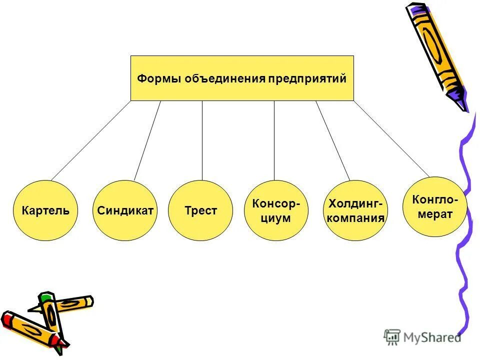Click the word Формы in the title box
tap(159, 79)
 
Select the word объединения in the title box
tap(225, 79)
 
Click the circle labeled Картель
tap(45, 210)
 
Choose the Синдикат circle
tap(125, 210)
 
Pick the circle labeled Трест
tap(200, 210)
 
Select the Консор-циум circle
tap(276, 210)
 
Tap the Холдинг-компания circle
tap(355, 210)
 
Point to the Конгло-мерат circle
tap(433, 206)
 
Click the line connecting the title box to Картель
tap(90, 141)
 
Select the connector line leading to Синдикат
tap(147, 140)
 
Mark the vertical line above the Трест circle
tap(202, 140)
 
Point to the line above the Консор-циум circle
tap(274, 140)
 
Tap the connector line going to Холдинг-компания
tap(333, 140)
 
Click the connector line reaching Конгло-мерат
tap(391, 138)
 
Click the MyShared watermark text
tap(432, 337)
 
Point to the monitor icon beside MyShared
tap(392, 337)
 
